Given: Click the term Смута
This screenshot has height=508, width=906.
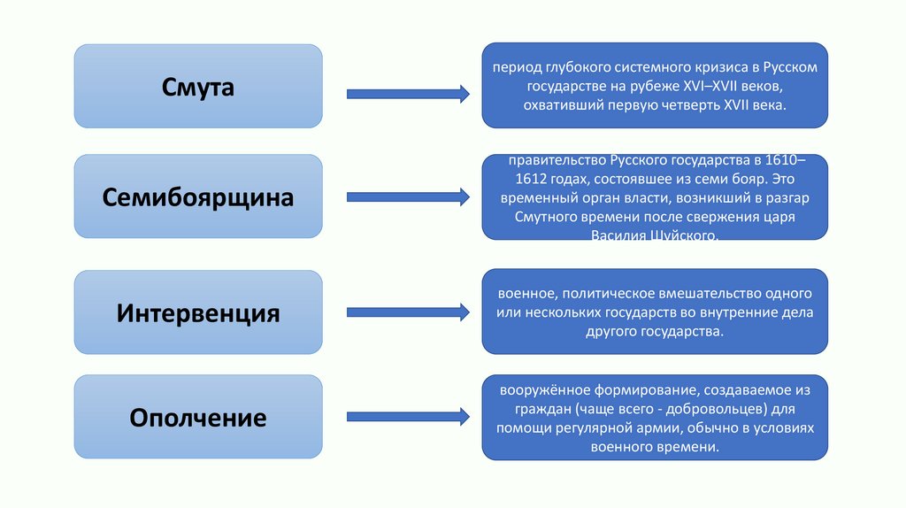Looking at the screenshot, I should [x=198, y=87].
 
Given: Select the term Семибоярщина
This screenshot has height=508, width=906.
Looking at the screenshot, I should [x=198, y=196].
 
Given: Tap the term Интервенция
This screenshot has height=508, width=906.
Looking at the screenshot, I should [x=198, y=312].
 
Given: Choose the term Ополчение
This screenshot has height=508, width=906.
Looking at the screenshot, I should [x=198, y=416].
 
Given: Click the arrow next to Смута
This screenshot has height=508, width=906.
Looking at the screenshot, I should [x=407, y=93].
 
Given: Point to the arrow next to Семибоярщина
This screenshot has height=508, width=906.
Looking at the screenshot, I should [x=407, y=196].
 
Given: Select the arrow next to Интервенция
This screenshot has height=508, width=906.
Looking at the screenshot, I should [x=407, y=312].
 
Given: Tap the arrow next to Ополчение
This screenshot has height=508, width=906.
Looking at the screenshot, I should [x=407, y=415].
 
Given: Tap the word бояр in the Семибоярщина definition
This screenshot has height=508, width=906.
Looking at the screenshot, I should [x=755, y=179].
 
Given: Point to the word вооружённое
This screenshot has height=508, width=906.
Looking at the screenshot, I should [x=542, y=389].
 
